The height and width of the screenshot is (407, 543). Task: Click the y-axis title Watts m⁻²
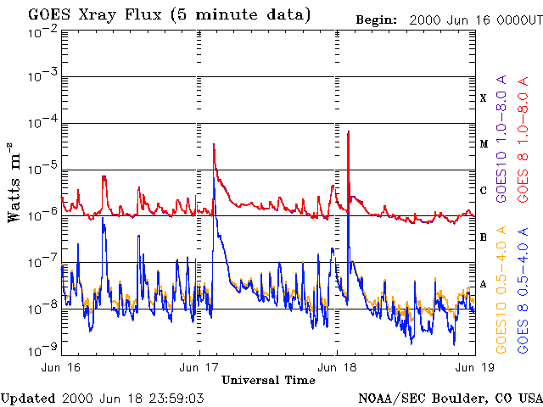tap(14, 182)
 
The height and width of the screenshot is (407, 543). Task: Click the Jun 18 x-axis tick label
tap(337, 367)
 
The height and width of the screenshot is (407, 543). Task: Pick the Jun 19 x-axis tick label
tap(473, 367)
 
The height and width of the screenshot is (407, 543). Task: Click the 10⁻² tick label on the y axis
tap(42, 31)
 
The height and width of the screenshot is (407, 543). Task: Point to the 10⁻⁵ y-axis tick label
tap(42, 169)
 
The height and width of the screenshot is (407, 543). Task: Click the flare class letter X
tap(484, 98)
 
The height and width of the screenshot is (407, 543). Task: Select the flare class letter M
tap(484, 144)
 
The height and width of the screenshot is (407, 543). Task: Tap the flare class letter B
tap(484, 237)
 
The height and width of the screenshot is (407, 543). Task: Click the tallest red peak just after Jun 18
tap(349, 132)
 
